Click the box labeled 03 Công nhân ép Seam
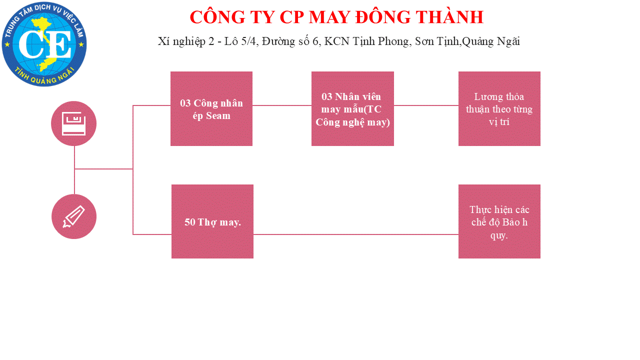[x=211, y=108]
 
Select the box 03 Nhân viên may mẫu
[x=352, y=108]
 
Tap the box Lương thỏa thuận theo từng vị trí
[x=499, y=108]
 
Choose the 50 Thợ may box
[x=212, y=221]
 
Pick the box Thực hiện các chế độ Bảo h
[x=499, y=221]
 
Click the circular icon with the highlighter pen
[x=74, y=216]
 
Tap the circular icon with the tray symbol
[x=73, y=123]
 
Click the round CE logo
[x=44, y=44]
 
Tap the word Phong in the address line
[x=395, y=41]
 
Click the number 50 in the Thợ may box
[x=189, y=222]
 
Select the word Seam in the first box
[x=218, y=115]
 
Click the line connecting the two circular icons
[x=74, y=170]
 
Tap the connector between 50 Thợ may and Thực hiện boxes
[x=356, y=234]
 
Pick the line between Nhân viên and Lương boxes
[x=426, y=105]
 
